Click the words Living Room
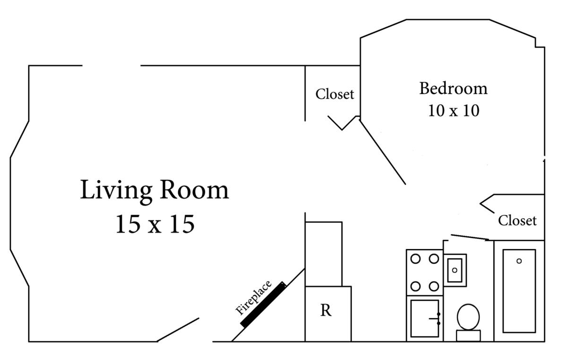tap(155, 190)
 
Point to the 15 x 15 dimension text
tap(155, 224)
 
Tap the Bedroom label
tap(453, 89)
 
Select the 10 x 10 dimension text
tap(454, 111)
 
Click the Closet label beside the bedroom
tap(335, 94)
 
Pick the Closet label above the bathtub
tap(517, 220)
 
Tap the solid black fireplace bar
tap(263, 305)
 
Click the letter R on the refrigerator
tap(326, 310)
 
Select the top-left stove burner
tap(415, 259)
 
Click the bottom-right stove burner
tap(434, 286)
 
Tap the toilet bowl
tap(468, 317)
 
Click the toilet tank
tap(468, 336)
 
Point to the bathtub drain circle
tap(519, 261)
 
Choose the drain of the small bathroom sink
tap(455, 270)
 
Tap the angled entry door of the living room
tap(178, 330)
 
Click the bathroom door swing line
tap(470, 237)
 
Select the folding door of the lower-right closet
tap(487, 204)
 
